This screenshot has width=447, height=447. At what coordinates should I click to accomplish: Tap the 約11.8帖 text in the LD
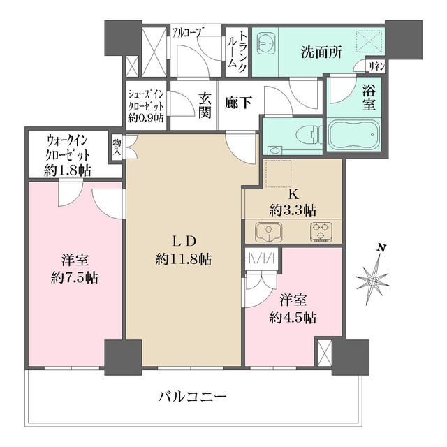pos(184,259)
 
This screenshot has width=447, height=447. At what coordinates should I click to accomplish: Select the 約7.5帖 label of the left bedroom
pos(75,277)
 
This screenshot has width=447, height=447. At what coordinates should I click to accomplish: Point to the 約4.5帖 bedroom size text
pos(293,318)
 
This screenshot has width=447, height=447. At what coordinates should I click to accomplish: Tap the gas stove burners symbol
pos(321,230)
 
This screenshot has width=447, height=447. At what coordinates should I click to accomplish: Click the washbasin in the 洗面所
pos(265,45)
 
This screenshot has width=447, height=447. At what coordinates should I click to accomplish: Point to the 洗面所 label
pos(321,54)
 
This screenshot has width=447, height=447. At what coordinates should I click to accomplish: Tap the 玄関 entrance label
pos(204,105)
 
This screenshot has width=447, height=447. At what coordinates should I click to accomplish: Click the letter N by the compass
pos(382,248)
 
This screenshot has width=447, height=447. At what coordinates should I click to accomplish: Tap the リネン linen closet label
pos(377,66)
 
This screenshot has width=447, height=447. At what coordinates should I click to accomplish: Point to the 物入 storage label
pos(117,145)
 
